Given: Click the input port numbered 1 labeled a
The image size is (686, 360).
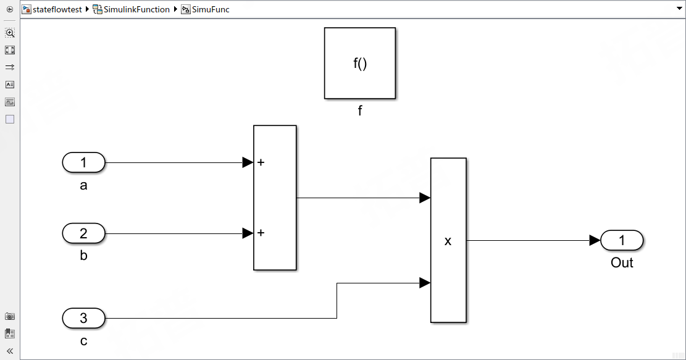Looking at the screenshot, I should pyautogui.click(x=83, y=163).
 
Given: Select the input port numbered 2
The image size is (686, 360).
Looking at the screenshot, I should pyautogui.click(x=83, y=233).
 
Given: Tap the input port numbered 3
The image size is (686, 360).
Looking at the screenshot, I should pyautogui.click(x=83, y=319).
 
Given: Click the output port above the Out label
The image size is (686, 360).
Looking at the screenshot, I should pyautogui.click(x=622, y=240).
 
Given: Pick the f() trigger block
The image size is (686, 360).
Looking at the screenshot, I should pyautogui.click(x=360, y=63).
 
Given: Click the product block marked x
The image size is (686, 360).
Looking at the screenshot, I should pyautogui.click(x=448, y=240).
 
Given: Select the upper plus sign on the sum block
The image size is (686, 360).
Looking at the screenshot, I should pyautogui.click(x=261, y=163).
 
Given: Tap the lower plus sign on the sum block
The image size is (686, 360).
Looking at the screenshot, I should pyautogui.click(x=261, y=233).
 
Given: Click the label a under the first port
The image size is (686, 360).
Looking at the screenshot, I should pyautogui.click(x=83, y=185).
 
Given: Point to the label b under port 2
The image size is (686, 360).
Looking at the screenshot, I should pyautogui.click(x=83, y=256).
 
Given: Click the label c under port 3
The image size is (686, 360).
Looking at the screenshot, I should pyautogui.click(x=83, y=341).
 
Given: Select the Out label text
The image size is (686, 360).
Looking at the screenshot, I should pyautogui.click(x=622, y=263).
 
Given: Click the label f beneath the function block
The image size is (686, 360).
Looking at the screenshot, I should pyautogui.click(x=360, y=111).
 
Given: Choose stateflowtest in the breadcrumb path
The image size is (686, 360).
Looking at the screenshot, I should pyautogui.click(x=57, y=9).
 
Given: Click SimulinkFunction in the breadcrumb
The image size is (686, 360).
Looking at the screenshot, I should pyautogui.click(x=136, y=9).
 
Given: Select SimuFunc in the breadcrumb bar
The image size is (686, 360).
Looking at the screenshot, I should pyautogui.click(x=211, y=9).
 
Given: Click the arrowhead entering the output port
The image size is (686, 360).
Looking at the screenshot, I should pyautogui.click(x=595, y=240).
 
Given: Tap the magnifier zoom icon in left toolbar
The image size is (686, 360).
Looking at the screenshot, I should pyautogui.click(x=10, y=33).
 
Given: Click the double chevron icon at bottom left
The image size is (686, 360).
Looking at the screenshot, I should pyautogui.click(x=10, y=351).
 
